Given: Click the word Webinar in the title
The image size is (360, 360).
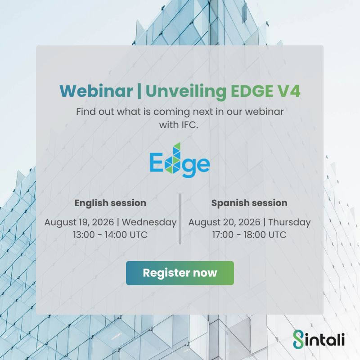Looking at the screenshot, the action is [96, 91].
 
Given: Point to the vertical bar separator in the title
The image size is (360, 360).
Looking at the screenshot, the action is [139, 91].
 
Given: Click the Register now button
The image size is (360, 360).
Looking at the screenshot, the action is [180, 273].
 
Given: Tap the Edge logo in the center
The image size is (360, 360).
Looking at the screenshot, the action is [180, 161].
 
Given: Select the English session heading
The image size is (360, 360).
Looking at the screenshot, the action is [110, 203].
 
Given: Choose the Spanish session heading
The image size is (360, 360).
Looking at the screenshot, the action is [249, 203].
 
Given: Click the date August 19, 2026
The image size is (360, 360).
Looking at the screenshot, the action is [79, 222].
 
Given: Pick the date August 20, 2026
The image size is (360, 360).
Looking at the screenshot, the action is [224, 222].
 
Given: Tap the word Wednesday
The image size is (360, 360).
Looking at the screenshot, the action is [149, 222].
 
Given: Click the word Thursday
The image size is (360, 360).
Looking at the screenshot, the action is [289, 222].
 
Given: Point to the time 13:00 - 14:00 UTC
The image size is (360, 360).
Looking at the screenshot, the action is [110, 234].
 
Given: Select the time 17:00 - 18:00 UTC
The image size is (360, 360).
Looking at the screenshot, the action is [249, 234].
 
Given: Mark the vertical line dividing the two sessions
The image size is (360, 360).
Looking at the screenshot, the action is [180, 219].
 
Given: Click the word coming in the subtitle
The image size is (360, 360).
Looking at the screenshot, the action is [172, 112].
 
